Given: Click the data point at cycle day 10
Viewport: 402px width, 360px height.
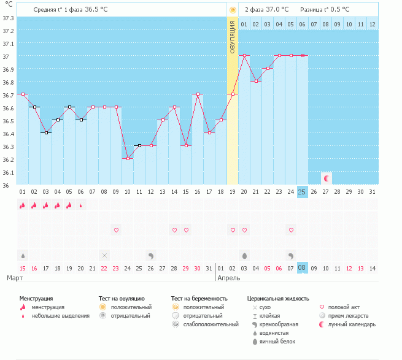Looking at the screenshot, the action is pyautogui.click(x=128, y=159).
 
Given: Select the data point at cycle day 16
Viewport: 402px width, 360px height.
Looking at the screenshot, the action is pyautogui.click(x=198, y=94).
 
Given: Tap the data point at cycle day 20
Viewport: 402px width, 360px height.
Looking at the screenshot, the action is pyautogui.click(x=244, y=56).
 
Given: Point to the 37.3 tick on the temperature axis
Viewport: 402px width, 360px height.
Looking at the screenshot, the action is pyautogui.click(x=8, y=18).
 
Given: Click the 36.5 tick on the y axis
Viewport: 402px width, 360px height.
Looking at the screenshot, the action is pyautogui.click(x=8, y=121).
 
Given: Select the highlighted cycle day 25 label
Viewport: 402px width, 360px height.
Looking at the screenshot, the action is pyautogui.click(x=303, y=192).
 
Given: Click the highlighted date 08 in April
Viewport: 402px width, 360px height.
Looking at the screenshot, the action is pyautogui.click(x=303, y=268).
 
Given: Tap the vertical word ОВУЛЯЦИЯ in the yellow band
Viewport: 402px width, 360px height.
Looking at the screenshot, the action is pyautogui.click(x=232, y=37).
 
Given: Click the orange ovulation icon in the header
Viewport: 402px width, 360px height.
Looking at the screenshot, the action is pyautogui.click(x=233, y=10).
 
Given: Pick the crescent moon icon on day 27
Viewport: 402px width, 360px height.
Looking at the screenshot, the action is pyautogui.click(x=327, y=178).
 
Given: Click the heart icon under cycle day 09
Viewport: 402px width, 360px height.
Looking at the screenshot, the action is pyautogui.click(x=116, y=230).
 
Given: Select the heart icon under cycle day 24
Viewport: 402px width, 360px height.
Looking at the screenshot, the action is pyautogui.click(x=291, y=230).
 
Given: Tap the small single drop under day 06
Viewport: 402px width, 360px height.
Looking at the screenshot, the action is pyautogui.click(x=81, y=205).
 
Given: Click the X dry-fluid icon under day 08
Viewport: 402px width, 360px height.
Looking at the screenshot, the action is pyautogui.click(x=104, y=256).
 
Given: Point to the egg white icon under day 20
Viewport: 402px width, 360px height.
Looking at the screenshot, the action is pyautogui.click(x=244, y=256).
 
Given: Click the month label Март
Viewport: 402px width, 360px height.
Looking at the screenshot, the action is pyautogui.click(x=15, y=278).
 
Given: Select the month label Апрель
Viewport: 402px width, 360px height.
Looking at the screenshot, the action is pyautogui.click(x=229, y=278).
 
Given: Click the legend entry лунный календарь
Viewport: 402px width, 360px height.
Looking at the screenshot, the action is pyautogui.click(x=352, y=324).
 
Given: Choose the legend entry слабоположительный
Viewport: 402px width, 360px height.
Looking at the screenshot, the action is pyautogui.click(x=211, y=324).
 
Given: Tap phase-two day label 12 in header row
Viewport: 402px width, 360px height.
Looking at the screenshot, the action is pyautogui.click(x=373, y=25).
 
